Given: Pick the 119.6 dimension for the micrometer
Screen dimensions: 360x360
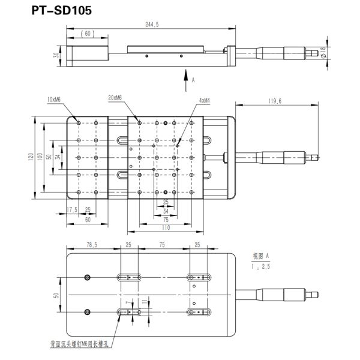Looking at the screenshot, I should pyautogui.click(x=275, y=101).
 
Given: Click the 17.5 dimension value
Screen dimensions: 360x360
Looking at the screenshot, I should pyautogui.click(x=72, y=210).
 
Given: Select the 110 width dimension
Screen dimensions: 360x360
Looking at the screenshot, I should pyautogui.click(x=165, y=228).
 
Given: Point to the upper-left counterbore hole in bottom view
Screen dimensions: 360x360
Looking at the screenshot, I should pyautogui.click(x=88, y=277).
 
